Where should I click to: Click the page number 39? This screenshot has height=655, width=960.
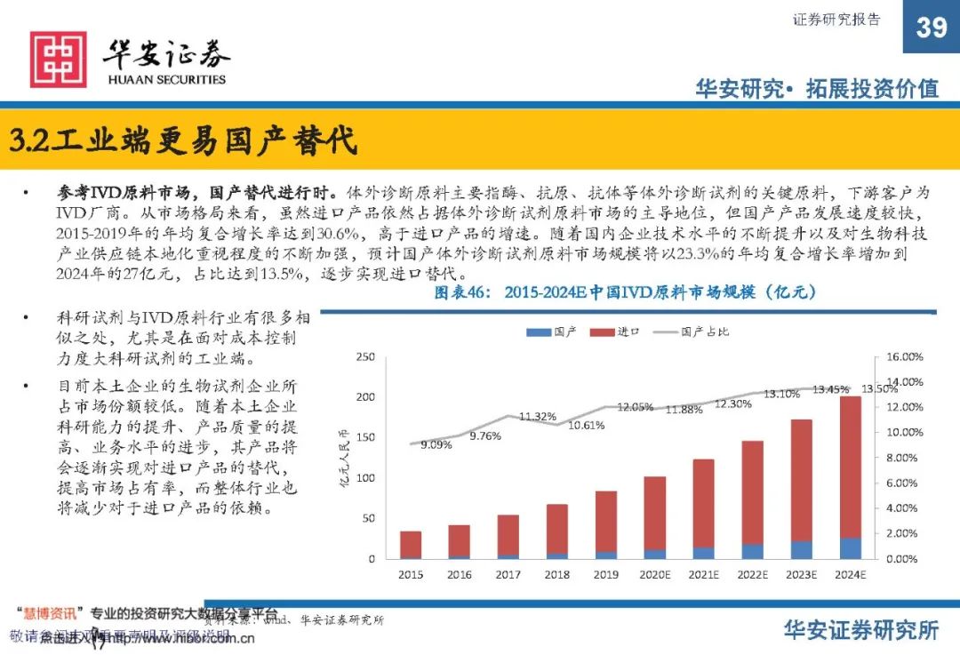[x=931, y=28]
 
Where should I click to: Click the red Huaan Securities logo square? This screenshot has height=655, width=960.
[x=59, y=60]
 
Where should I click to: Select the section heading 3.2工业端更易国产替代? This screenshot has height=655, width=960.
[x=183, y=140]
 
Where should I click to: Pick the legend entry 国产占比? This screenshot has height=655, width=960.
[x=706, y=331]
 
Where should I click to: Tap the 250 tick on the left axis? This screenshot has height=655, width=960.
[x=364, y=357]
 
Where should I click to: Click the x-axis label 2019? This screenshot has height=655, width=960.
[x=606, y=575]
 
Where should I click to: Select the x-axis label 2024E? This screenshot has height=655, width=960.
[x=851, y=575]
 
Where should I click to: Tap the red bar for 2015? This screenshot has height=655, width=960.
[x=411, y=543]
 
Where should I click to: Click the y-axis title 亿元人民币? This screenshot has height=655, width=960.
[x=343, y=458]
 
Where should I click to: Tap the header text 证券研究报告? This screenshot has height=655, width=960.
[x=836, y=20]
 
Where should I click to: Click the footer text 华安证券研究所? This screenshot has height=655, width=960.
[x=860, y=630]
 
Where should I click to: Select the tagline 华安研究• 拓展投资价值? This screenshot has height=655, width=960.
[x=816, y=88]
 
